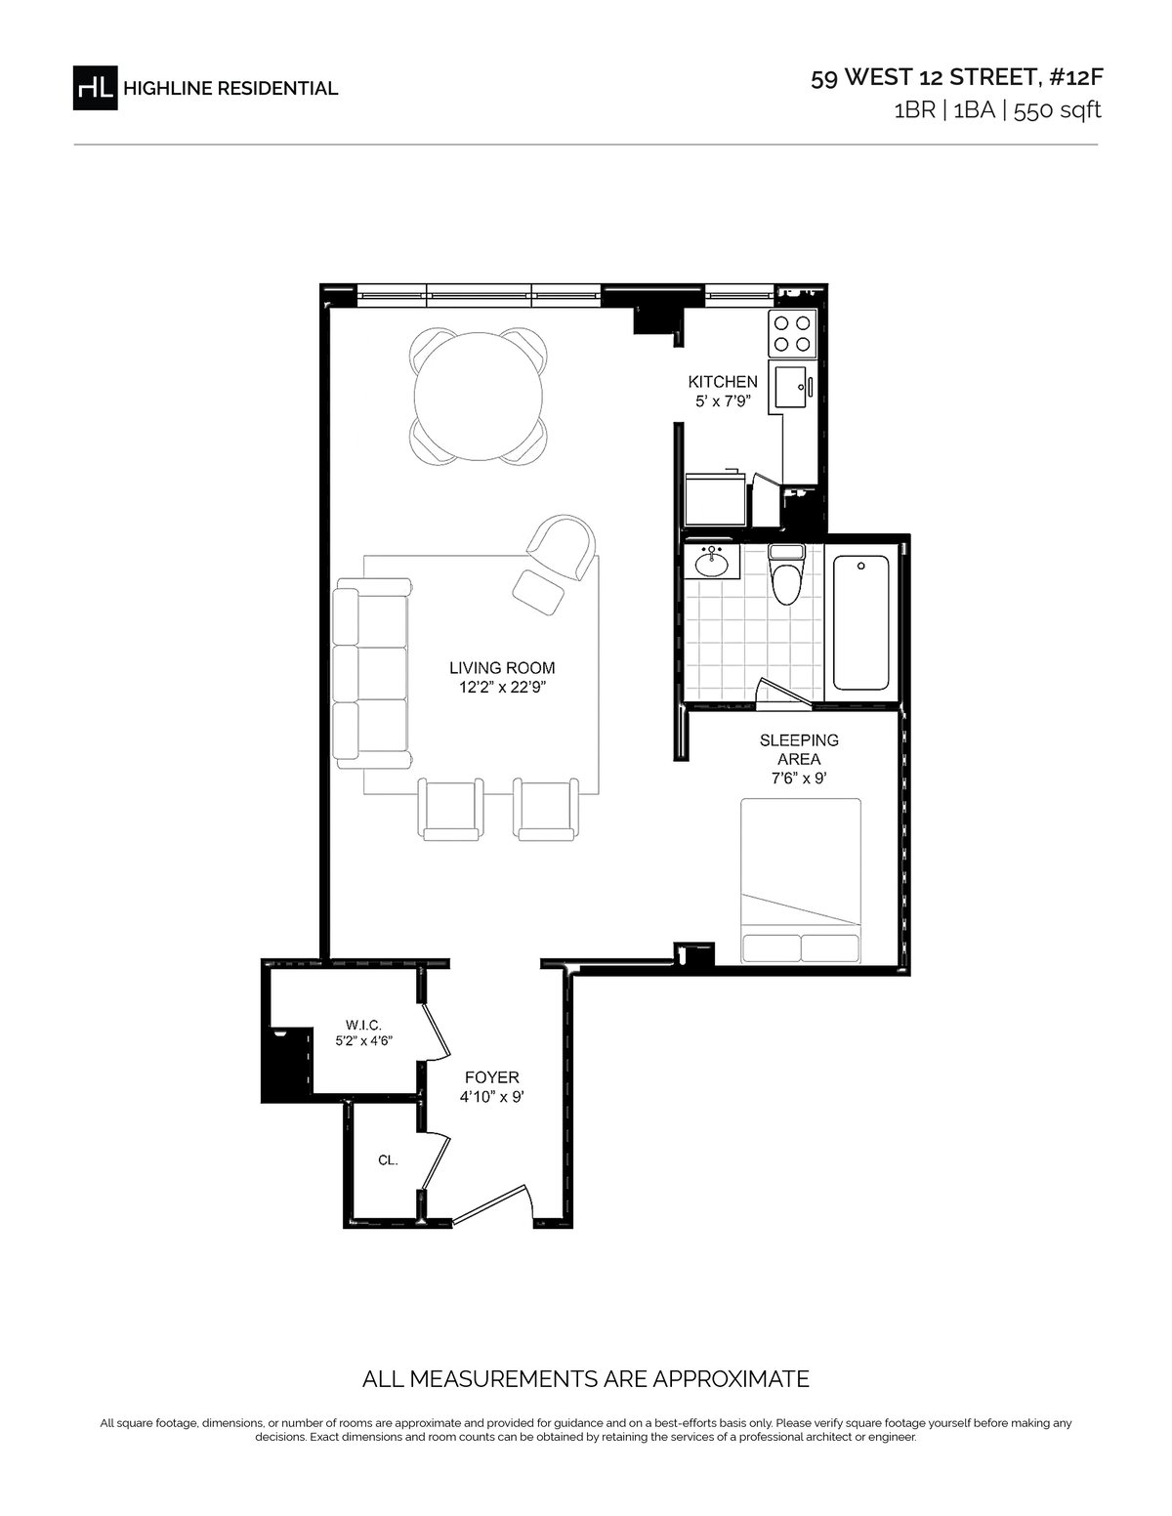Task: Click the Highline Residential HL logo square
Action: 95,88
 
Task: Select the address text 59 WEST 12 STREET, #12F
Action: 957,77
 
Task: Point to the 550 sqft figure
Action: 1057,110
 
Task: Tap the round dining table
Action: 478,396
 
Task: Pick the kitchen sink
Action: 792,387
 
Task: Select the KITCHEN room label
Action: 723,382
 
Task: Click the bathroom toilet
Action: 786,573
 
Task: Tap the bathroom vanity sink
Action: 712,561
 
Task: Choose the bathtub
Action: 861,622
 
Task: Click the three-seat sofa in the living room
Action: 372,673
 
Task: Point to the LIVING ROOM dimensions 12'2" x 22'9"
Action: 501,688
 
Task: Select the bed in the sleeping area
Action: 801,882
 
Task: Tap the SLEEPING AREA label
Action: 799,749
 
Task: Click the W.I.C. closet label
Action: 363,1025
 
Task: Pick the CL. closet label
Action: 388,1160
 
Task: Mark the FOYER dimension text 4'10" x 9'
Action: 491,1097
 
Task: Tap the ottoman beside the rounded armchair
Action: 538,592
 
